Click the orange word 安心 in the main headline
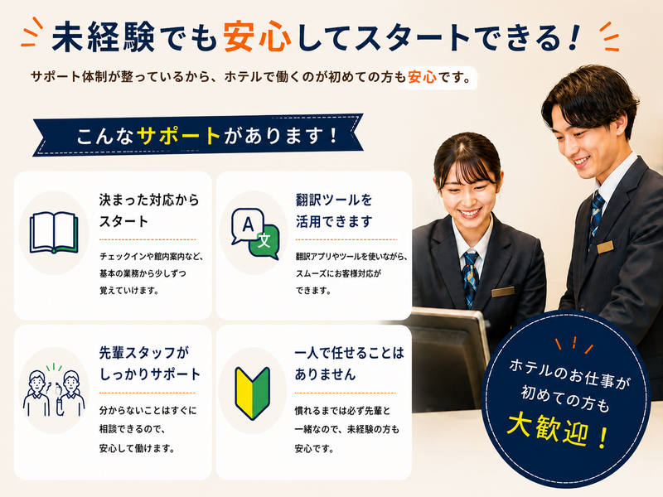(x=257, y=36)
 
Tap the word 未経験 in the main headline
(x=103, y=36)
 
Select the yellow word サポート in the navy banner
(x=179, y=136)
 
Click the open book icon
(x=54, y=232)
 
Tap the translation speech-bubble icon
(x=255, y=234)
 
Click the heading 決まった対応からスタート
(x=149, y=210)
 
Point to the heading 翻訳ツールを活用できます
(x=334, y=210)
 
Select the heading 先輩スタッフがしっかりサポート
(x=150, y=364)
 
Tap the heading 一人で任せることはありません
(x=349, y=364)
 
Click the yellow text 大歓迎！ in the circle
(x=557, y=430)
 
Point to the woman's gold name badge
(x=503, y=292)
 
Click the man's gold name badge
(x=605, y=247)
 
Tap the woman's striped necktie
(x=471, y=278)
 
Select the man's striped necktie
(x=596, y=216)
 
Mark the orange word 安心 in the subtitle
(x=422, y=77)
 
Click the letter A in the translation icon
(x=248, y=224)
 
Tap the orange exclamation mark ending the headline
(x=573, y=37)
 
